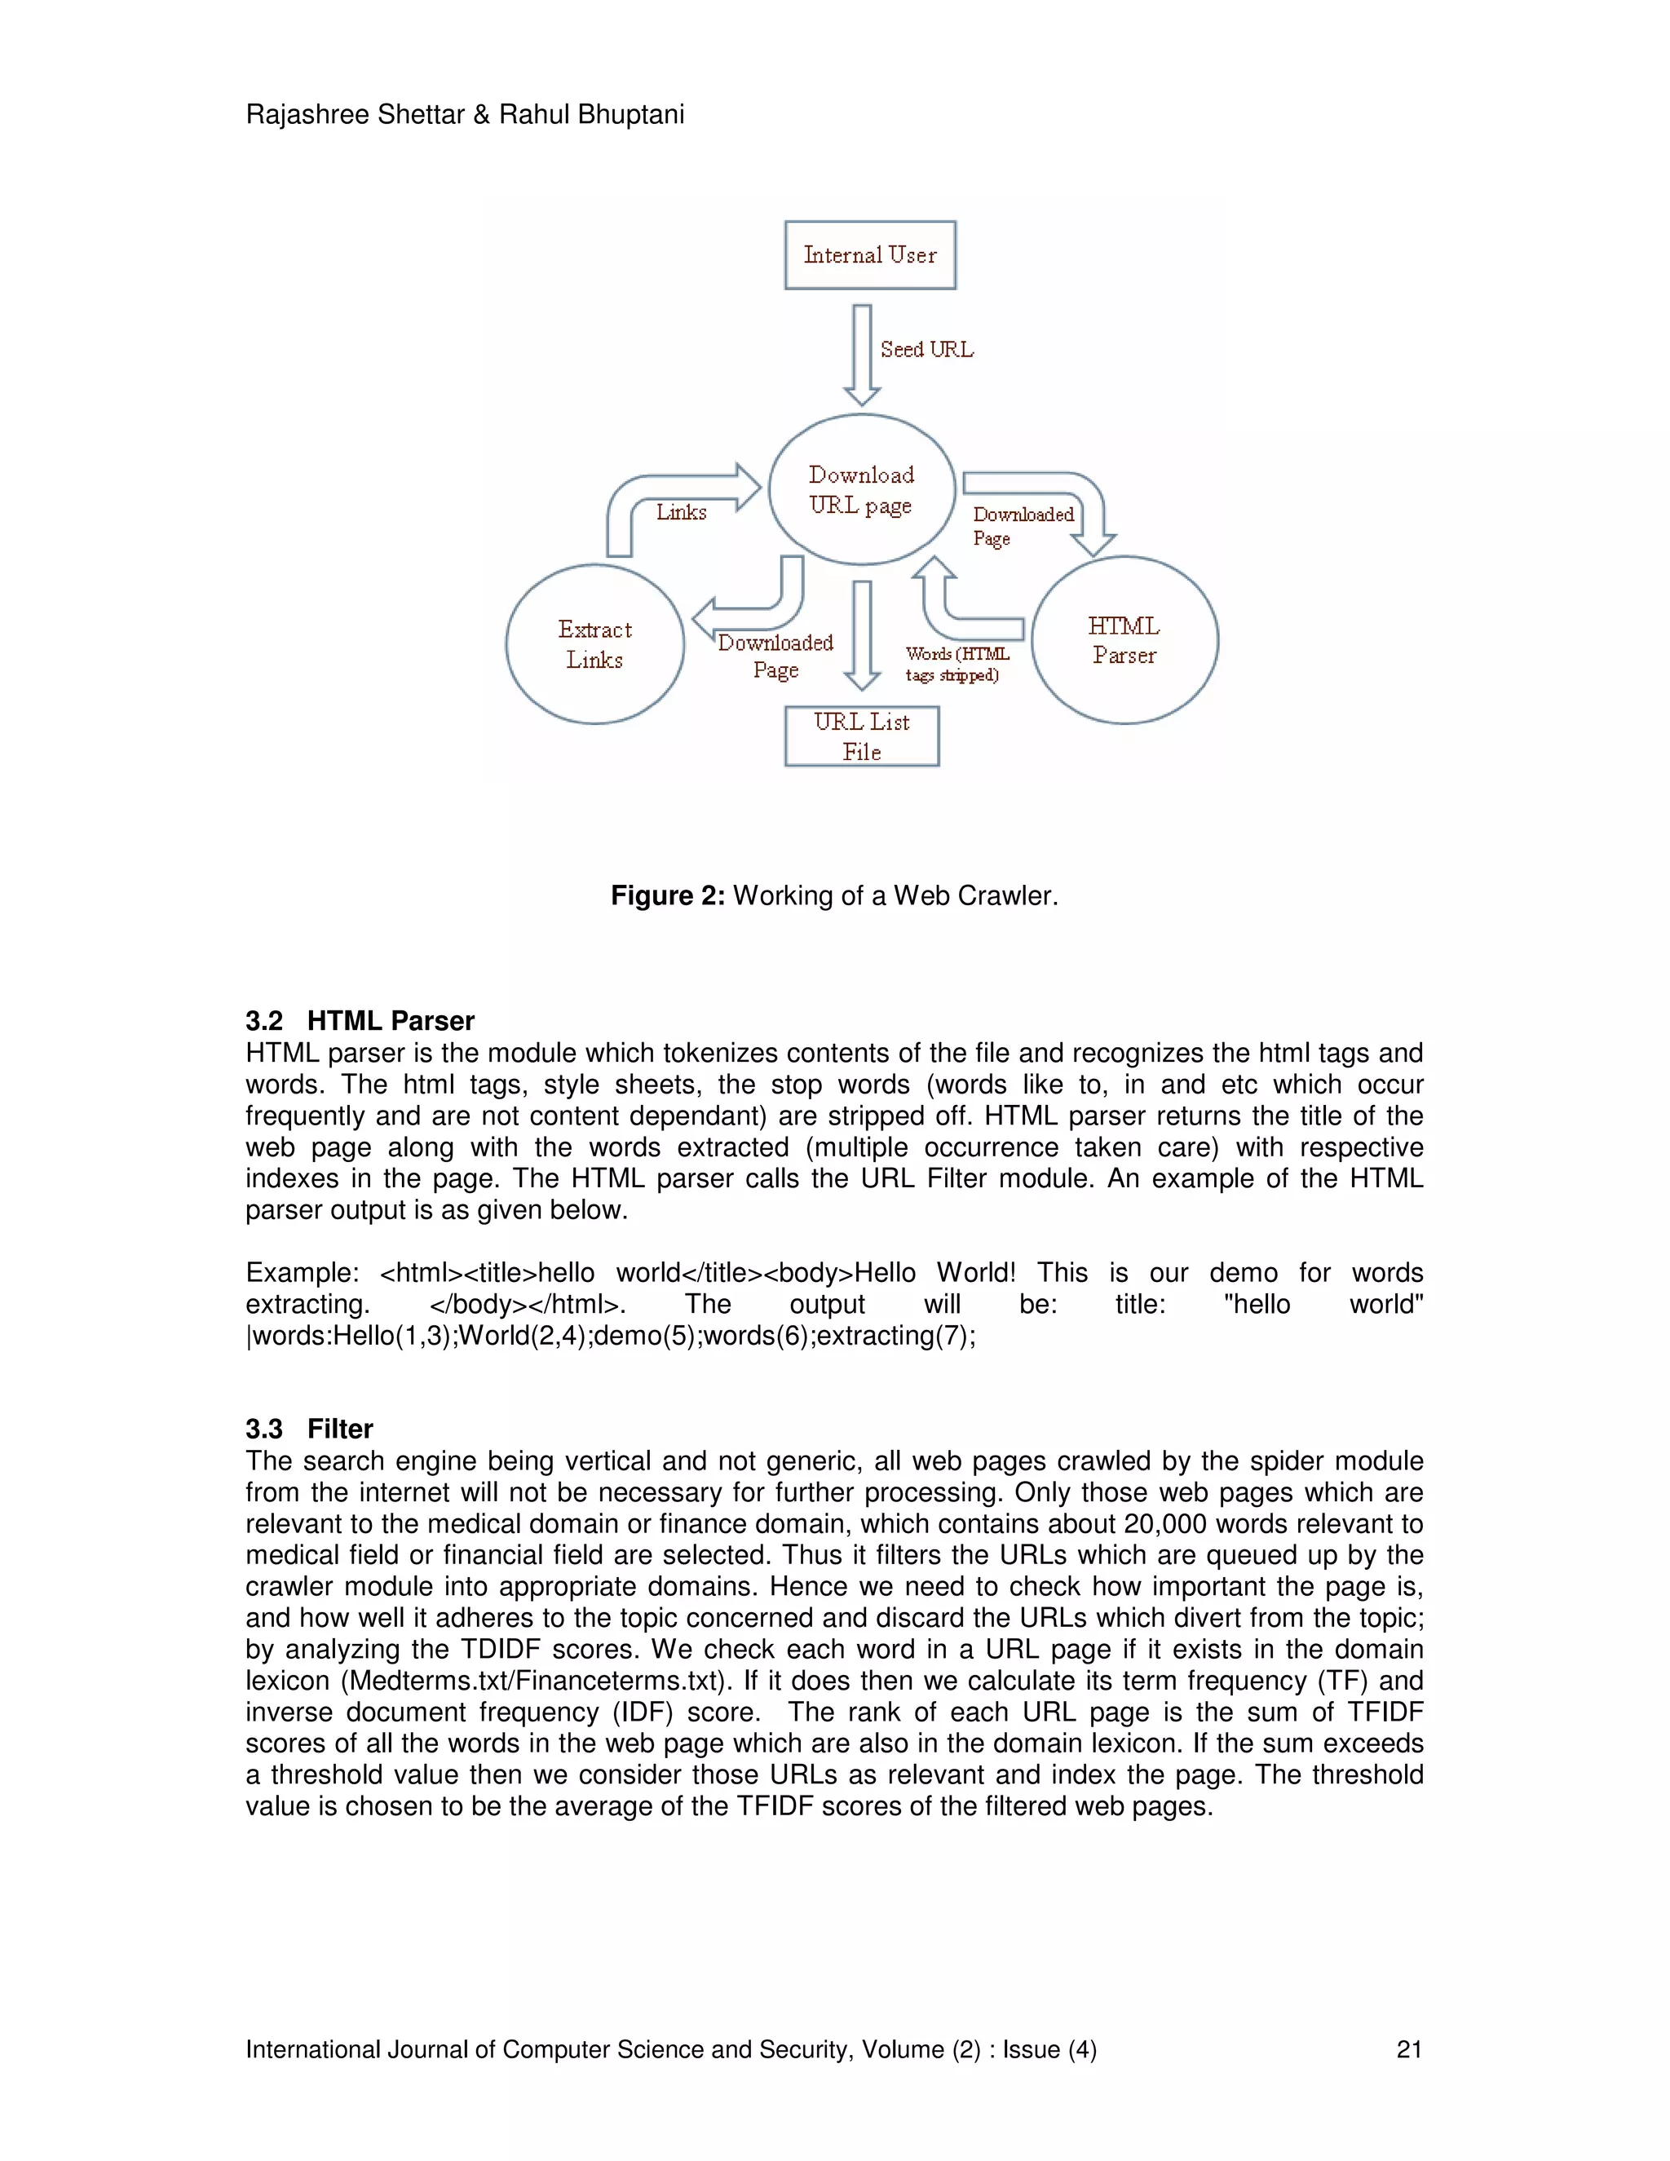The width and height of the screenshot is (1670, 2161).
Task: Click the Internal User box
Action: [x=869, y=255]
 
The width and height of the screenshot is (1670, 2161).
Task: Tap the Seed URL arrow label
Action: [x=926, y=349]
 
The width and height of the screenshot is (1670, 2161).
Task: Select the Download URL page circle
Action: [x=862, y=490]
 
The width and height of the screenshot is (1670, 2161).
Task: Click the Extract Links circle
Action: [x=594, y=644]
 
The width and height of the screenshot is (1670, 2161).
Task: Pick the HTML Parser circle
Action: [x=1124, y=640]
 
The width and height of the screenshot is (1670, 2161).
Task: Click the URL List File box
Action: [x=862, y=736]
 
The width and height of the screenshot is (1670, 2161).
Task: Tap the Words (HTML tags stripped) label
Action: [x=956, y=665]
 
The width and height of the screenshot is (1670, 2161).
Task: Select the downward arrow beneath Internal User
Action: [x=862, y=354]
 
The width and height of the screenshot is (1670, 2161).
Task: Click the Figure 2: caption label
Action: [x=668, y=895]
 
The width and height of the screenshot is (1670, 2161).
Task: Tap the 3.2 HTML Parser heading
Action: [x=360, y=1020]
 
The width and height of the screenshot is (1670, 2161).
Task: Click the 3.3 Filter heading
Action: [x=309, y=1429]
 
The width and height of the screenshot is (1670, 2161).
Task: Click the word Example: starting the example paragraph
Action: [x=302, y=1272]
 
